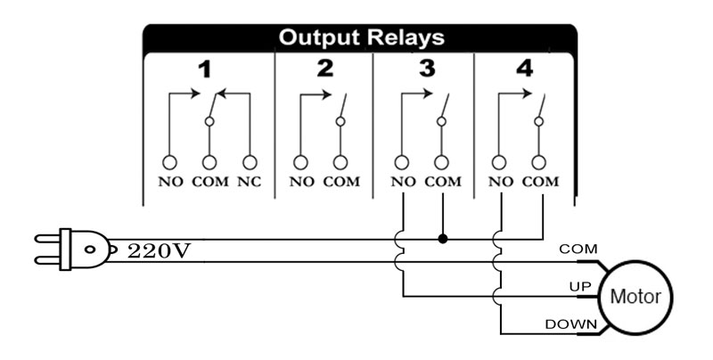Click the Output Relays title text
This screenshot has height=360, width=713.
361,38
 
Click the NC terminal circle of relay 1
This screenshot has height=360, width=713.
250,162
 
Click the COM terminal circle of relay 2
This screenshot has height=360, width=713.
340,162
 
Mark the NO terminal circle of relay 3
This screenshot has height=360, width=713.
404,162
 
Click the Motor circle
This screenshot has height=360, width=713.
634,296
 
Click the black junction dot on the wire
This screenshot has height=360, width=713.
443,239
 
